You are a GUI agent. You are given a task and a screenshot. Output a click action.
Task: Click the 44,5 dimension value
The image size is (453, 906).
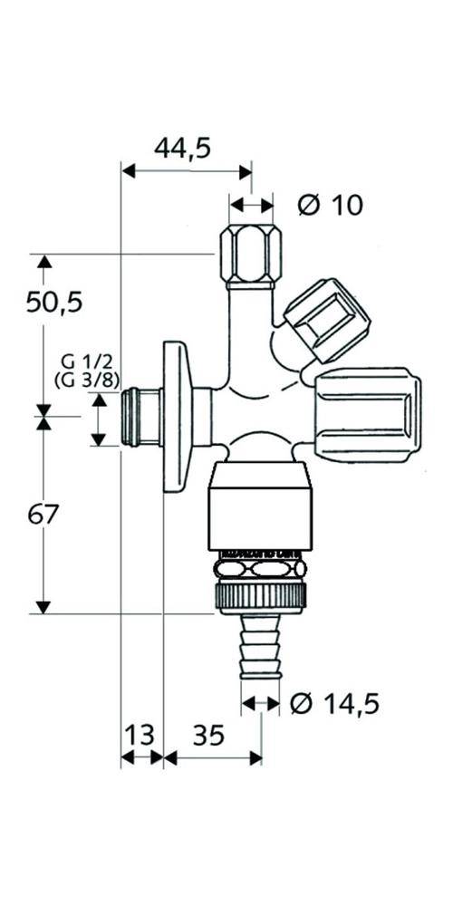[x=182, y=149]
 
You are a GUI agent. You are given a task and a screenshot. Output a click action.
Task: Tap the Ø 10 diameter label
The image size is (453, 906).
[x=331, y=205]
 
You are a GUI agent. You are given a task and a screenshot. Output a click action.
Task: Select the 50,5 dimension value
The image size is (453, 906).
[x=54, y=303]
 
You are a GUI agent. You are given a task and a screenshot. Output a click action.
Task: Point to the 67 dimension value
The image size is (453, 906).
[x=43, y=515]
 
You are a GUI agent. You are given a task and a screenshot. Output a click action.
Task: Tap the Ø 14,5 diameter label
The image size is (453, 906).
[x=334, y=704]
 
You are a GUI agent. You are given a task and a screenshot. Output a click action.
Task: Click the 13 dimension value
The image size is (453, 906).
[x=140, y=735]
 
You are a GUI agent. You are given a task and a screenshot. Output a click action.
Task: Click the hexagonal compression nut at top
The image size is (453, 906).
[x=251, y=256]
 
